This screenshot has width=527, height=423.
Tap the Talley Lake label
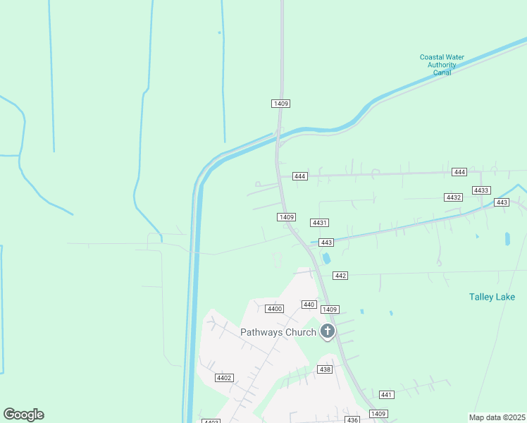coord(492,297)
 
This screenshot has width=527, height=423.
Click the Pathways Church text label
coord(278,332)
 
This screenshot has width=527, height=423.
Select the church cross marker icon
coord(327,331)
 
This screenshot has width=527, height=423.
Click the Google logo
coord(23,415)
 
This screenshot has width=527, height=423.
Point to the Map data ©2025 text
coord(497,417)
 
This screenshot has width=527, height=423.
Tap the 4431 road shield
coord(320,223)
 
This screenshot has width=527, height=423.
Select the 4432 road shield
coord(454,197)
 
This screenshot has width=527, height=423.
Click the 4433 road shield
coord(482,190)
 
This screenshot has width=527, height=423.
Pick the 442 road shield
coord(340,275)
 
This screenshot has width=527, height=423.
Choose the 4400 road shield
coord(275,309)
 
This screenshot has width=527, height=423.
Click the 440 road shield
coord(309,305)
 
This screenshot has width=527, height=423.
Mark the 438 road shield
coord(325,369)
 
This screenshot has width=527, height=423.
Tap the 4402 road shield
coord(224,378)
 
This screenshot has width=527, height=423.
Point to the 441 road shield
coord(386,395)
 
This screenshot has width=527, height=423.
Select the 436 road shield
coord(353,419)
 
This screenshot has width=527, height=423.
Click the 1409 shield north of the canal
coord(280,104)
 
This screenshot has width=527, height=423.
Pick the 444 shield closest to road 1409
coord(300,176)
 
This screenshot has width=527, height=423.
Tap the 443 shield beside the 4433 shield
coord(502,202)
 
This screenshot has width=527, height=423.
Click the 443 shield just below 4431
coord(325,243)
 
